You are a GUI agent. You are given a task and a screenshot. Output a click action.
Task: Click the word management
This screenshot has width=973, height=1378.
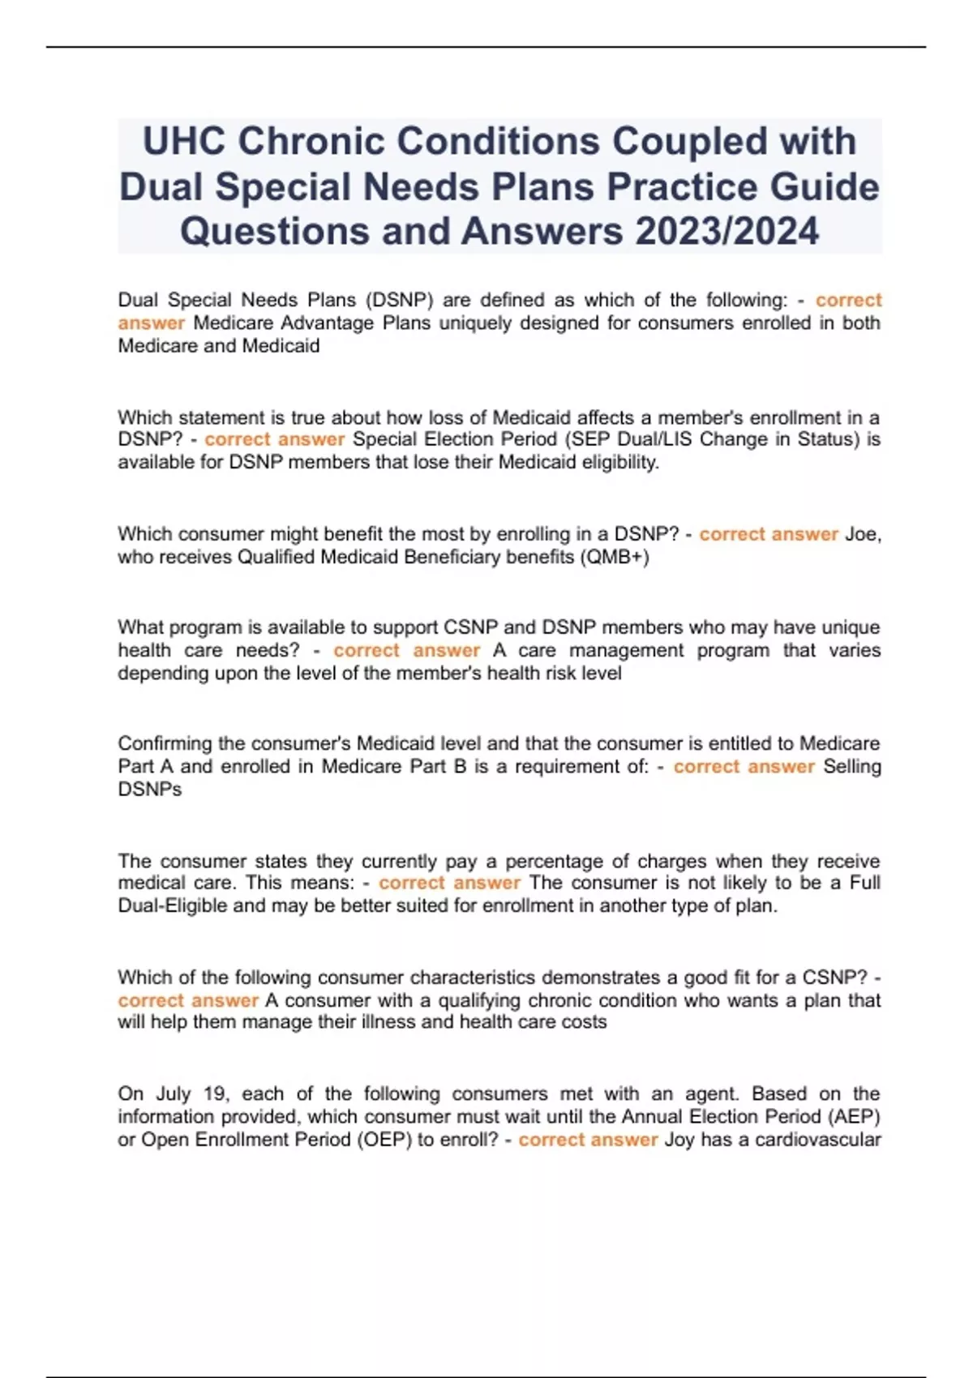(628, 650)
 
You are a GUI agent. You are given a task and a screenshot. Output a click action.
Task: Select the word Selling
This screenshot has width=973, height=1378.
(851, 766)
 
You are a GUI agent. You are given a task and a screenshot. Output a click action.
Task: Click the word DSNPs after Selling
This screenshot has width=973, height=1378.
(150, 789)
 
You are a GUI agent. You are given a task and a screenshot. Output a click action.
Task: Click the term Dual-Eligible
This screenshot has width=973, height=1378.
(173, 905)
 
